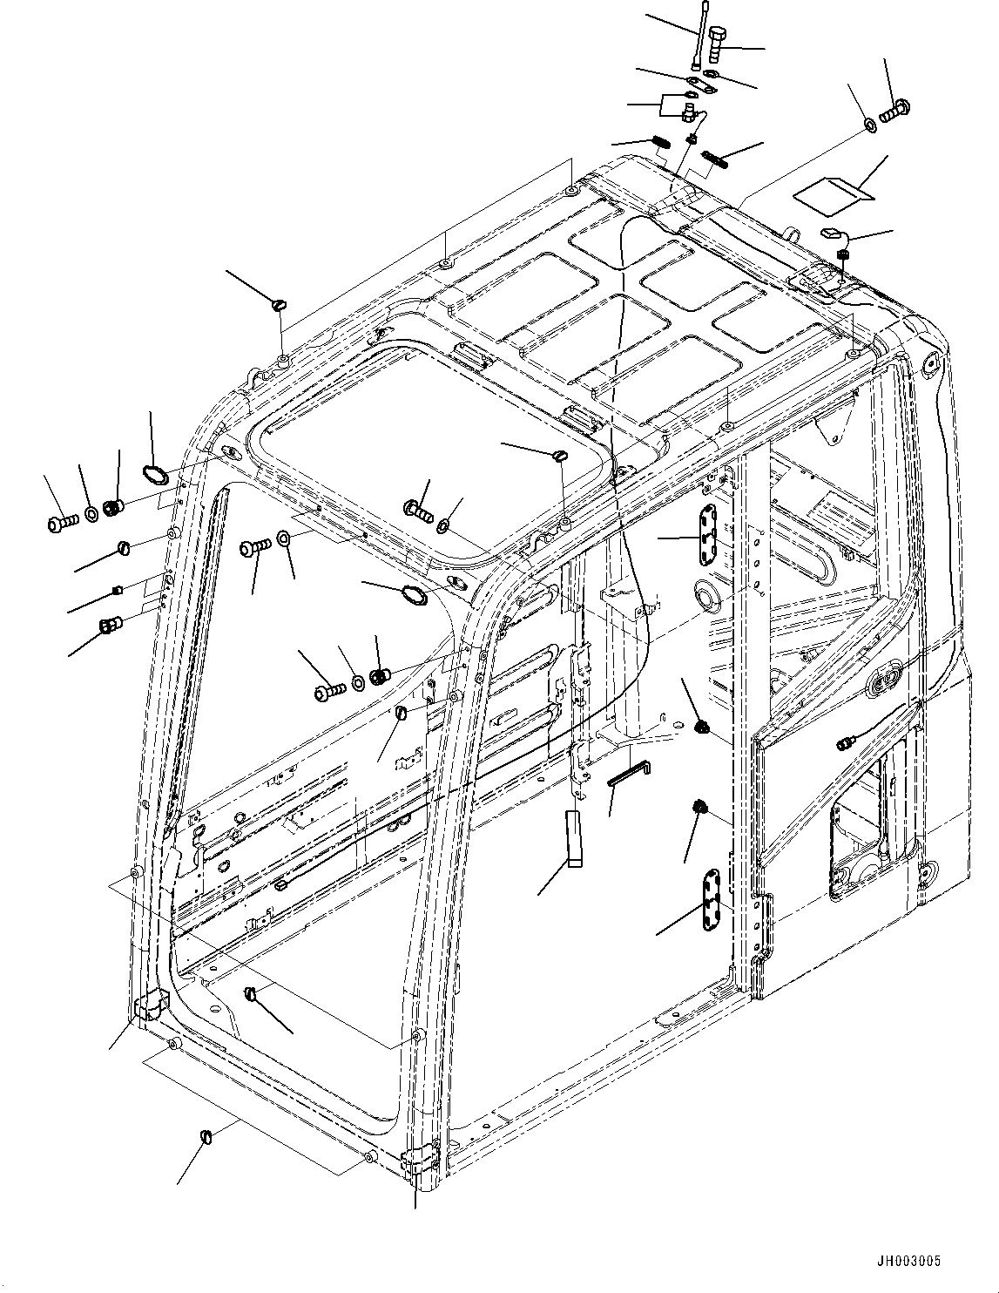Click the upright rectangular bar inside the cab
pos(572,837)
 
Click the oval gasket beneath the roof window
pos(414,595)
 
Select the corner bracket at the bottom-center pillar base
pos(420,1164)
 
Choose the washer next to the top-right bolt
pos(870,125)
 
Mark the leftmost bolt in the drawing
pos(57,523)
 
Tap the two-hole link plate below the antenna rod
pos(701,84)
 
